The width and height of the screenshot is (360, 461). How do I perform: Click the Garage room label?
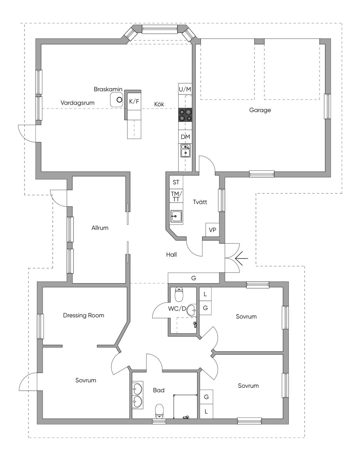[260, 110]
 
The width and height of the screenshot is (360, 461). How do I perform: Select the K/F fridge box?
[134, 102]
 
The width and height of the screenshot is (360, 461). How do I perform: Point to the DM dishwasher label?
[185, 137]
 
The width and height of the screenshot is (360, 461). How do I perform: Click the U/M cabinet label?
[185, 89]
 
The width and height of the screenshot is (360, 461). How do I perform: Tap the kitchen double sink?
[185, 150]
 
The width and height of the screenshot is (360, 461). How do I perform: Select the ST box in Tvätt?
[176, 182]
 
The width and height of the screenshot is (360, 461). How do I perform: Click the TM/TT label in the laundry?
[176, 196]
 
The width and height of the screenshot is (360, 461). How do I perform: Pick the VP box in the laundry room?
[212, 230]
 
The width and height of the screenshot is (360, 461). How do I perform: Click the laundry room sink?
[176, 217]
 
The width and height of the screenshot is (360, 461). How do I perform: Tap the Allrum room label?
[100, 228]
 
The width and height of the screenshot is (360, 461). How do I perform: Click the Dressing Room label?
[84, 315]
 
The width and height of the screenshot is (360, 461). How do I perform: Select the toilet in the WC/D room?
[179, 295]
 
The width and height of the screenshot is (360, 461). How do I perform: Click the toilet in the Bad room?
[160, 411]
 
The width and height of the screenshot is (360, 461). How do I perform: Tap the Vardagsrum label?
[77, 103]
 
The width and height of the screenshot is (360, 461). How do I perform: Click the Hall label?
[172, 254]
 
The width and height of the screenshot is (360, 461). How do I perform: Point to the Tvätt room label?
[200, 202]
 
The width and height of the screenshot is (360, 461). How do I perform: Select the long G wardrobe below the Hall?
[194, 278]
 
